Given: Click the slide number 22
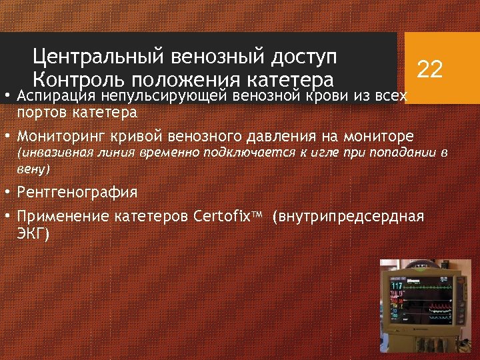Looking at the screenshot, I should coord(430,69).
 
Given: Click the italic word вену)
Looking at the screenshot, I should coord(33,169).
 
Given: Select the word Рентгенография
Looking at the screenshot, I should coord(78,193).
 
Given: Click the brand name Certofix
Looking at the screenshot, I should coord(228,217).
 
